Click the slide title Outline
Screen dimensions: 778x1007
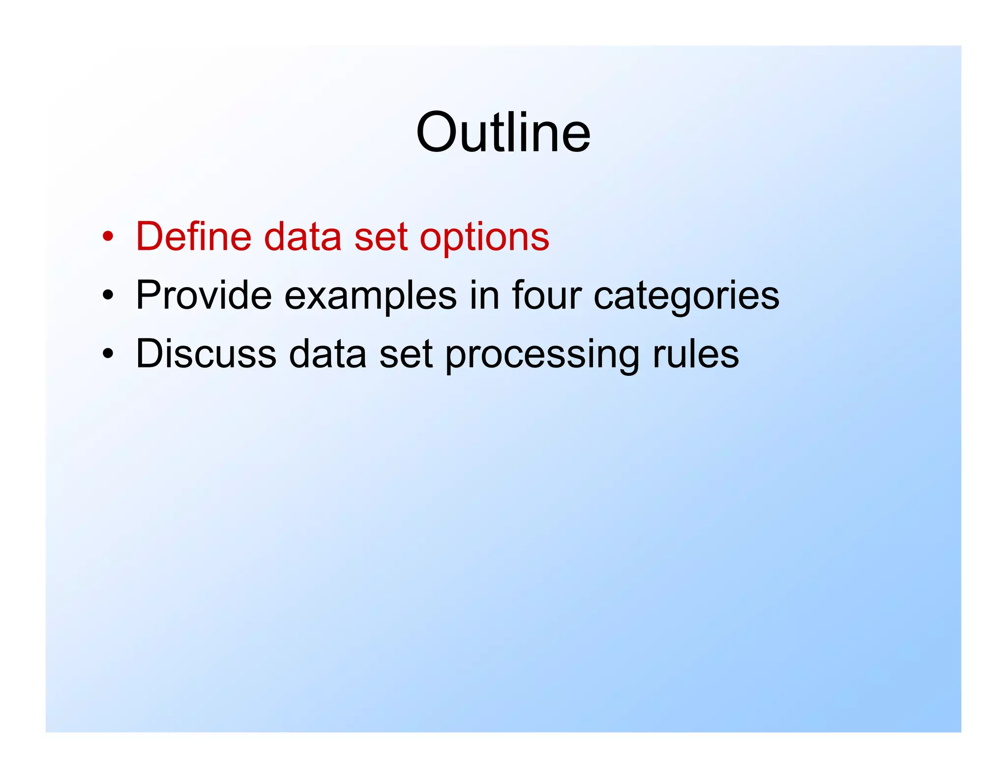(x=503, y=132)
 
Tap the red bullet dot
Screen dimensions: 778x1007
(x=108, y=237)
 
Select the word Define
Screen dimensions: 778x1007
(x=194, y=237)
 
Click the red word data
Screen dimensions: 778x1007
(x=302, y=237)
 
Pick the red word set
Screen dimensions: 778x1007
(x=381, y=237)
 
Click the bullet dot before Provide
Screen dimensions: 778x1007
(x=108, y=296)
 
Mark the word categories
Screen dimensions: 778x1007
(x=686, y=297)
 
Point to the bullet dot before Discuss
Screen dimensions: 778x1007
(x=108, y=354)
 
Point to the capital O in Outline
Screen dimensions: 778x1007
(x=437, y=132)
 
